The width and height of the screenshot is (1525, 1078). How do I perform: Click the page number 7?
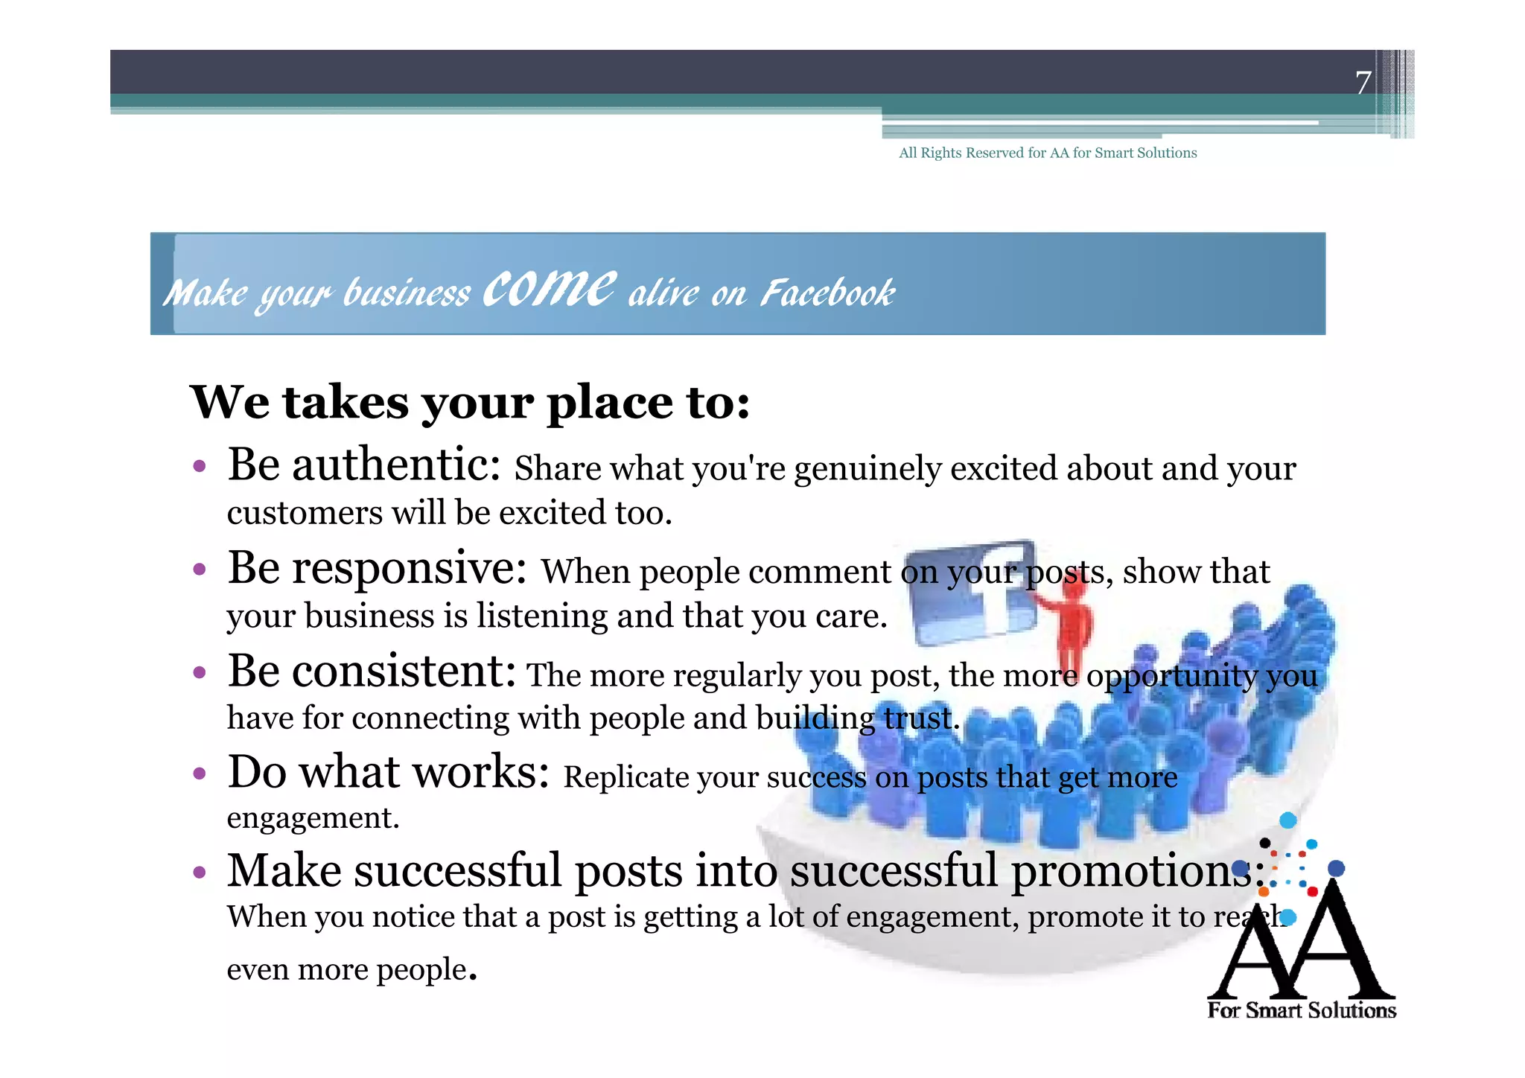[x=1363, y=83]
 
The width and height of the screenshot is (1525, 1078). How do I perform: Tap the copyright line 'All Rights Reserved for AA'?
[x=1047, y=153]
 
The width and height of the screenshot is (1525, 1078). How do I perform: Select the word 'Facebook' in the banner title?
[x=827, y=293]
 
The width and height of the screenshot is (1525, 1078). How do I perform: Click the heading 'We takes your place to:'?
[x=470, y=403]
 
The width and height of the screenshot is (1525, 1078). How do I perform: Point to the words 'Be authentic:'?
[x=364, y=465]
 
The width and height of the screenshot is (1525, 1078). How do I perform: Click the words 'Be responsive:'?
[x=378, y=569]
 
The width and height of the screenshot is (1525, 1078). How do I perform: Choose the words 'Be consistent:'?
[x=372, y=672]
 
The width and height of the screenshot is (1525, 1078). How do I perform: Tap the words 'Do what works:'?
[x=388, y=772]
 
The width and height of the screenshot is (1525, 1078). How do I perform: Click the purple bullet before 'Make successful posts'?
[x=199, y=872]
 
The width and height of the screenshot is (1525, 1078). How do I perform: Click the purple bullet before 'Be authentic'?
[x=199, y=467]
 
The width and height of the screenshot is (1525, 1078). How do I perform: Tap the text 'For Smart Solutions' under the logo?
[x=1302, y=1010]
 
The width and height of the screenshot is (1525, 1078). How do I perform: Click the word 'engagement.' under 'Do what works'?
[x=313, y=818]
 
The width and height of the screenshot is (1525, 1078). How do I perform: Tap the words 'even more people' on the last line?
[x=347, y=969]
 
